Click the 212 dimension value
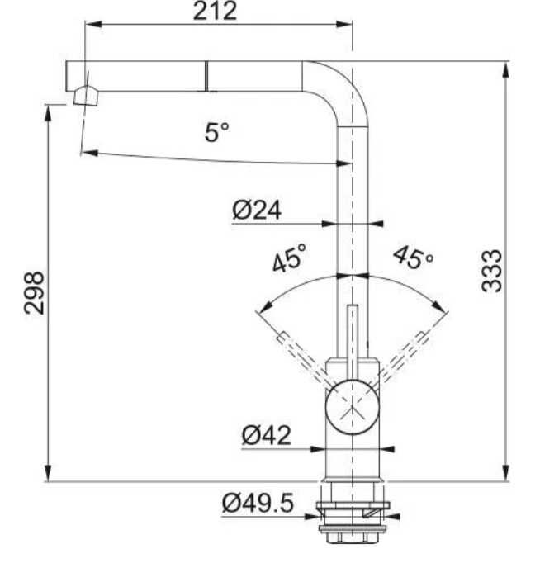click(x=215, y=11)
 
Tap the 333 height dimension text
click(x=491, y=271)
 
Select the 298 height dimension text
click(x=34, y=292)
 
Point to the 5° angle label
click(x=217, y=132)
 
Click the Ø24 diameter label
click(x=257, y=210)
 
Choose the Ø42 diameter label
click(x=266, y=435)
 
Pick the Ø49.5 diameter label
click(x=258, y=503)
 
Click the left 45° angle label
click(x=289, y=258)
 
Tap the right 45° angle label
click(x=414, y=257)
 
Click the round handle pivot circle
click(x=352, y=408)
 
